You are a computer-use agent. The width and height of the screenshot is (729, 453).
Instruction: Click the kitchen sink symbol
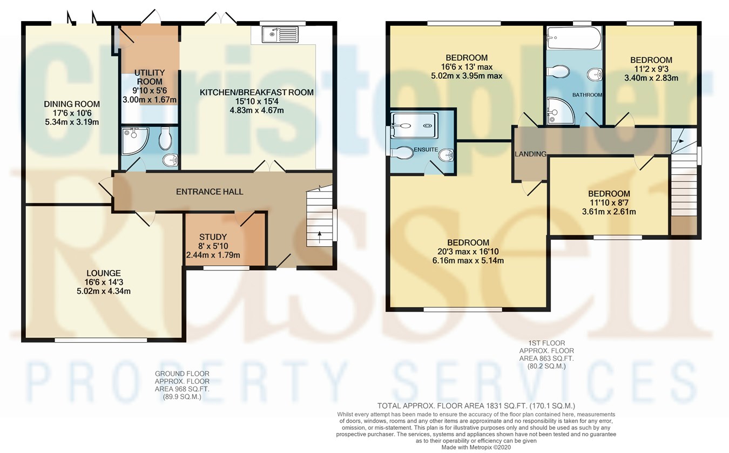click(279, 35)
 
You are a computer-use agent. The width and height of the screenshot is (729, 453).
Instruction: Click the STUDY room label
click(213, 237)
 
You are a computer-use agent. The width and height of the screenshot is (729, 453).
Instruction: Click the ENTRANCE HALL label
click(210, 192)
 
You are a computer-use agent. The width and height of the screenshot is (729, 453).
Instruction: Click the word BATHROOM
click(588, 95)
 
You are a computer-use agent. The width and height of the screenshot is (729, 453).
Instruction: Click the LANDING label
click(530, 154)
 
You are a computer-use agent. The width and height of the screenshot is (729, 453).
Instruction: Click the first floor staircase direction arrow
click(681, 140)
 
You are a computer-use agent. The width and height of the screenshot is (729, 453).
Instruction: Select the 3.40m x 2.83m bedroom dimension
click(651, 78)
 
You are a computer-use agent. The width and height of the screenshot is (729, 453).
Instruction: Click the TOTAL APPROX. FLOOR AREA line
click(476, 405)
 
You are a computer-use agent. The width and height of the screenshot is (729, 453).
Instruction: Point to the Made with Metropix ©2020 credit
click(476, 447)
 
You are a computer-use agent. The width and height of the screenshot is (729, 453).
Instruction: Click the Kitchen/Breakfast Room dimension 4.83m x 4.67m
click(257, 110)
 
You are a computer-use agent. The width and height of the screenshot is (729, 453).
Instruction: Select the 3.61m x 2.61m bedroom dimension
click(609, 212)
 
